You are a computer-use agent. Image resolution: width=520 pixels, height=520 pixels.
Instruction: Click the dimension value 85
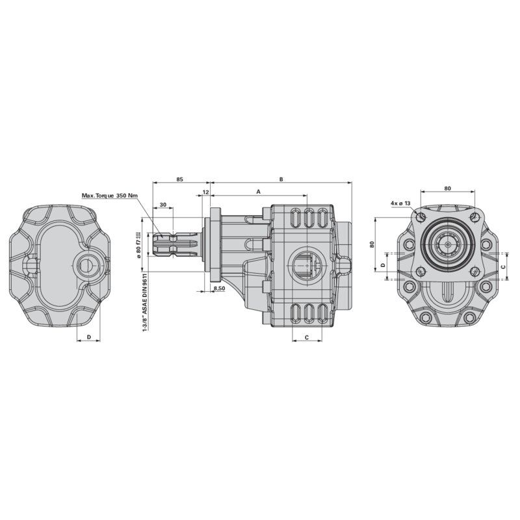[x=179, y=178]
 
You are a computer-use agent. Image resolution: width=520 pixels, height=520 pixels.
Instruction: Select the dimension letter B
[x=281, y=178]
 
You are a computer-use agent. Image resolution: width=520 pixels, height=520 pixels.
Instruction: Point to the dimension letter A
[x=258, y=192]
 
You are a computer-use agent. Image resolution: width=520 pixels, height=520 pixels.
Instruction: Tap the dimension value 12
[x=205, y=193]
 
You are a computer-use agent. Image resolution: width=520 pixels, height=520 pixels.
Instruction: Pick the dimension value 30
[x=163, y=205]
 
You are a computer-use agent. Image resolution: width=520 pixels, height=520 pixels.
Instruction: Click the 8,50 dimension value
[x=219, y=288]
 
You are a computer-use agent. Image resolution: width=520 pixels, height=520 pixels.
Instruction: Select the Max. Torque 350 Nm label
[x=110, y=195]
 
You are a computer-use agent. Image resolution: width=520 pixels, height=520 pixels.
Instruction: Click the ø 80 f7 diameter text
[x=140, y=240]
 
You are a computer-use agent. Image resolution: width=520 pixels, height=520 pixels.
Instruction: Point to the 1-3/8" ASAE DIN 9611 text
[x=144, y=302]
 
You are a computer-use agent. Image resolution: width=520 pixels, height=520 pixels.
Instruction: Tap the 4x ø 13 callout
[x=400, y=203]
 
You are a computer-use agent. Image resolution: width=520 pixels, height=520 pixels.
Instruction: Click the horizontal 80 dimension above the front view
[x=447, y=188]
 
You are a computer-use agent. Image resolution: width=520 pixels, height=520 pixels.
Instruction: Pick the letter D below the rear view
[x=88, y=337]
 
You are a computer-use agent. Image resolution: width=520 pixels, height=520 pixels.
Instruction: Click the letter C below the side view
[x=306, y=337]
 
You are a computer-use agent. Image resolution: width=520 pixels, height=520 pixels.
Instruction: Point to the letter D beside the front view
[x=383, y=266]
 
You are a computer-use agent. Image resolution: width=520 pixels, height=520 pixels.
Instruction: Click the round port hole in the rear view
[x=86, y=265]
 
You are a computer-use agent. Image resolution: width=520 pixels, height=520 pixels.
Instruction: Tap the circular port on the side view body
[x=306, y=265]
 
